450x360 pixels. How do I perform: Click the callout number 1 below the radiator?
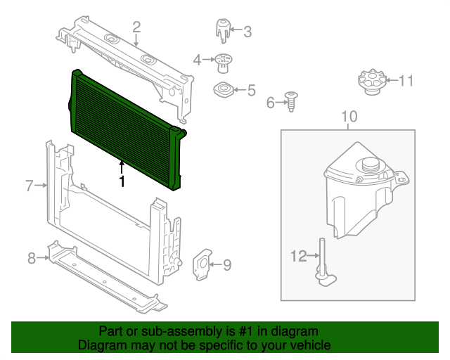(122, 181)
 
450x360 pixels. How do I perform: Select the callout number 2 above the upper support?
(136, 27)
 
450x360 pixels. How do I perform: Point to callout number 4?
(198, 59)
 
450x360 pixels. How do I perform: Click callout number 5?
(251, 89)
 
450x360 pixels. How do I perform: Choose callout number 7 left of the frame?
(30, 186)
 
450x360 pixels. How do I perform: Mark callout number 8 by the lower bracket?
(32, 258)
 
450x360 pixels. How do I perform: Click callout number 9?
(226, 264)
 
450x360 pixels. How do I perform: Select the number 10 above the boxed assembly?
(349, 116)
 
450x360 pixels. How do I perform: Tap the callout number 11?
(406, 81)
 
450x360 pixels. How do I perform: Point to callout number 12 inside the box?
(299, 256)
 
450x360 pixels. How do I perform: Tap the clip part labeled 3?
(222, 31)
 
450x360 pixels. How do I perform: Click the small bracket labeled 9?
(202, 263)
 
